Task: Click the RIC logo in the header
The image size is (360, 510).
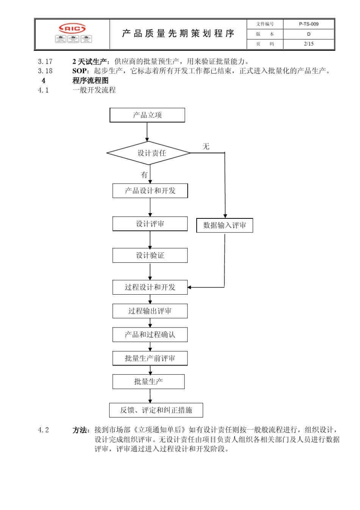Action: coord(72,28)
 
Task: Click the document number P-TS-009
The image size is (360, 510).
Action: coord(308,24)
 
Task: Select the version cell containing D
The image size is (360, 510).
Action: coord(308,34)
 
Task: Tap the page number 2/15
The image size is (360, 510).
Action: coord(308,44)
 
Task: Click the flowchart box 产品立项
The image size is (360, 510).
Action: coord(147,115)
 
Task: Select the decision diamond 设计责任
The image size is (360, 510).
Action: coord(149,153)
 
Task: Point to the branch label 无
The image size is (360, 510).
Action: coord(206,146)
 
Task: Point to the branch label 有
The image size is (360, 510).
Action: coord(144,175)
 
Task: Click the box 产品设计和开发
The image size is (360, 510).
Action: coord(150,191)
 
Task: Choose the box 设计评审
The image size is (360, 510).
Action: coord(150,224)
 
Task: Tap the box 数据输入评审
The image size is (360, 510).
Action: coord(224,225)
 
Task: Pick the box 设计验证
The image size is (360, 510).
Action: coord(150,255)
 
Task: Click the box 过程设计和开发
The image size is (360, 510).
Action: coord(150,287)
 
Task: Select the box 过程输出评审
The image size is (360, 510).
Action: coord(150,311)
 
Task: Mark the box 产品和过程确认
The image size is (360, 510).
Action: coord(150,334)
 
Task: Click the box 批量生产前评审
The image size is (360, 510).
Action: coord(150,358)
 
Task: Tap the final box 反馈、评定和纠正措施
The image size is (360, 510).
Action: coord(156,410)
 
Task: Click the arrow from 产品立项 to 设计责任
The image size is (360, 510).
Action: coord(147,132)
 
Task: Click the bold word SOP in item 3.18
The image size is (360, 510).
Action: coord(79,71)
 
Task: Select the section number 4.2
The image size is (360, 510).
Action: coord(43,430)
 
